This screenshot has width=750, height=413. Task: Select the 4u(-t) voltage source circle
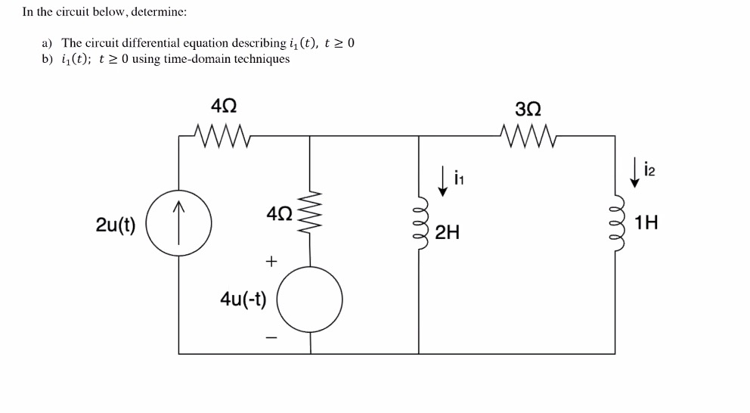coord(310,300)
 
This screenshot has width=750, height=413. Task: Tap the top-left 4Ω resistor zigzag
coord(222,136)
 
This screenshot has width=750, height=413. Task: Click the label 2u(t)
coord(116,225)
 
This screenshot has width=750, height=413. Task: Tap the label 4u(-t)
coord(243,299)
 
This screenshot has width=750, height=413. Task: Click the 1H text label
coord(646,223)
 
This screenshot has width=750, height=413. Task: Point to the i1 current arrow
coord(445,181)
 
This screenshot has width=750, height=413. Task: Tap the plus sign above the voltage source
coord(271,261)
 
